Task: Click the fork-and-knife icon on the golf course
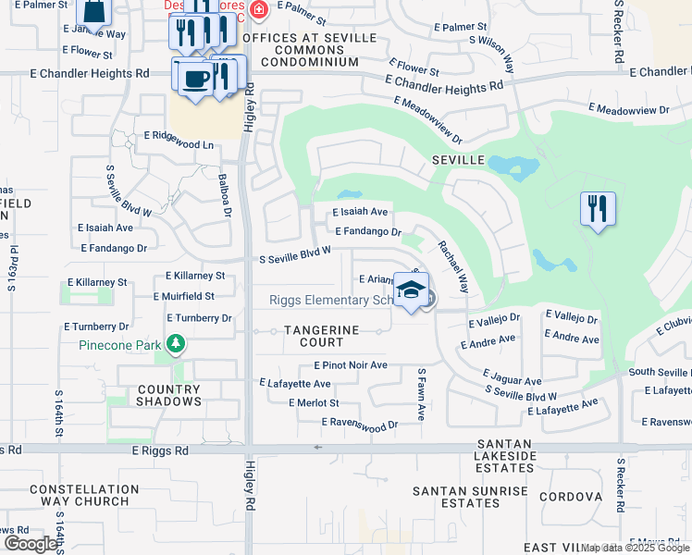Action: click(x=598, y=208)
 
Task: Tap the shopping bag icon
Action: click(x=94, y=11)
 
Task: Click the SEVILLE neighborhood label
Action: click(x=458, y=160)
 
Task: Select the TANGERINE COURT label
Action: click(x=320, y=336)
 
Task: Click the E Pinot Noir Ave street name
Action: click(x=351, y=365)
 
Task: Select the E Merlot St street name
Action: click(x=314, y=403)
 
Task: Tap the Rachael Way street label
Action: click(x=453, y=267)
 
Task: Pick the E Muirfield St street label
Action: click(x=183, y=296)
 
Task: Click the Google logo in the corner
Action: click(x=31, y=544)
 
